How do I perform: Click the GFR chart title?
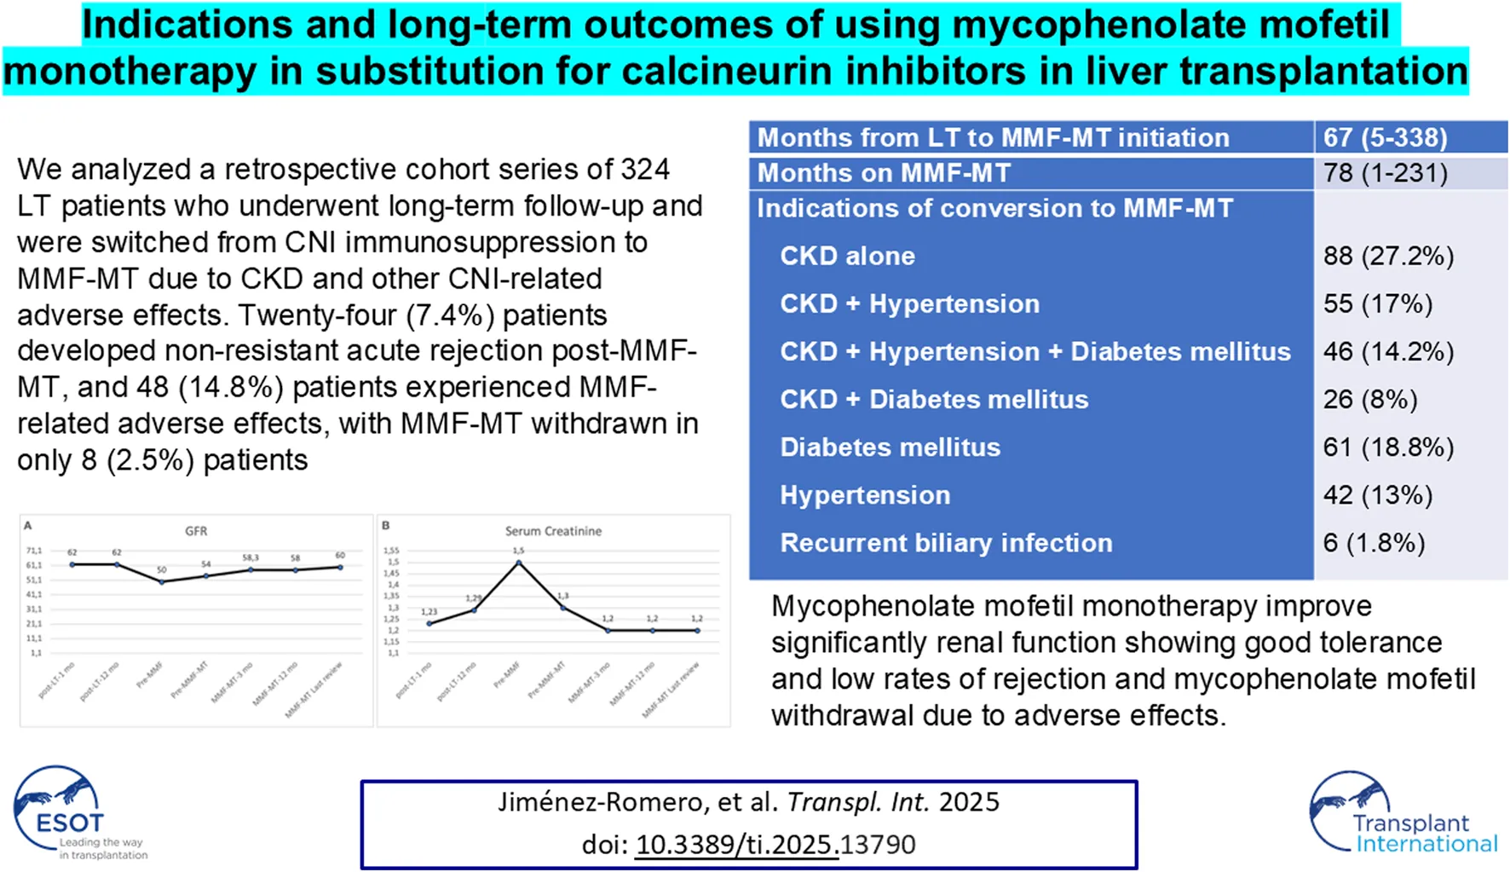(x=196, y=531)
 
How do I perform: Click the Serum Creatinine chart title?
(x=553, y=531)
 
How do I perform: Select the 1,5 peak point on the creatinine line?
(x=519, y=563)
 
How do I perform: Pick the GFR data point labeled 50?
(x=162, y=581)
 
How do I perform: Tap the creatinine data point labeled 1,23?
(x=429, y=624)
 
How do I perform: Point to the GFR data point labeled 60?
(x=341, y=567)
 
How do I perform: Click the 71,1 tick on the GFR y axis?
(x=34, y=551)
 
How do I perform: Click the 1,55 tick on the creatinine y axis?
(x=391, y=551)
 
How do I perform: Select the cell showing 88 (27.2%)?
(x=1388, y=256)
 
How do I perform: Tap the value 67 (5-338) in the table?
(x=1385, y=137)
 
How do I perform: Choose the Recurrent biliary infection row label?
(x=946, y=543)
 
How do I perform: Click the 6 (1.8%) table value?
(x=1374, y=543)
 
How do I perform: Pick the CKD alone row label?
(x=847, y=256)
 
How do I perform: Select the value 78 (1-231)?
(x=1385, y=173)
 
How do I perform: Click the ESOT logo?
(x=68, y=812)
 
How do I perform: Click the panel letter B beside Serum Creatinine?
(x=386, y=526)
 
